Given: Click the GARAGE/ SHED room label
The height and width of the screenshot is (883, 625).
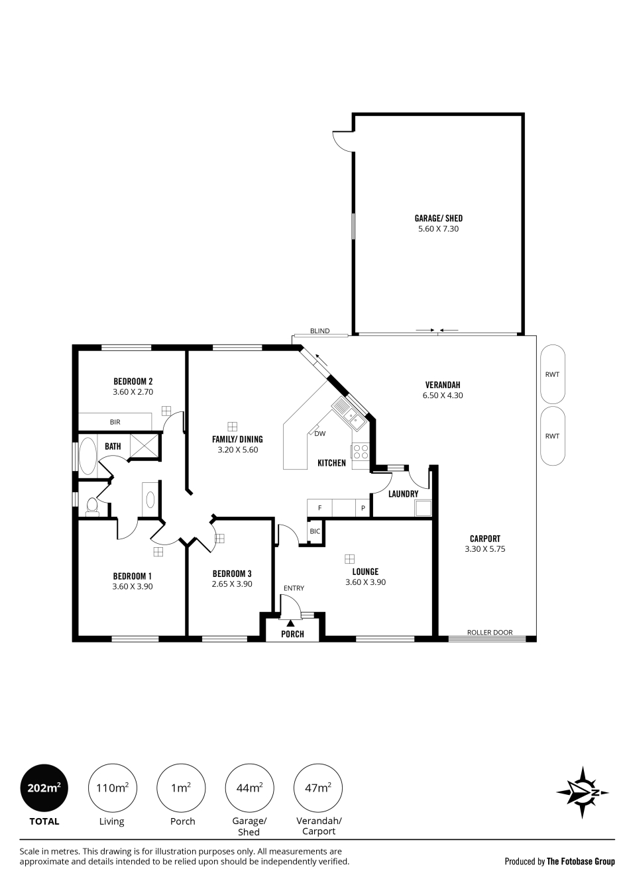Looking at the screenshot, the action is (438, 218).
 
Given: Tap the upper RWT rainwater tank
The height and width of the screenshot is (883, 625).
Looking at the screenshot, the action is (553, 374).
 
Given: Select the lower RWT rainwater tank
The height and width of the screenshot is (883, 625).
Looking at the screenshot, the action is (553, 436).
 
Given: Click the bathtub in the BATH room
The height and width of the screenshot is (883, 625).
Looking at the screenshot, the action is (87, 456).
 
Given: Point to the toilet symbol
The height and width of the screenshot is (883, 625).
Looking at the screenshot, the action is (92, 507).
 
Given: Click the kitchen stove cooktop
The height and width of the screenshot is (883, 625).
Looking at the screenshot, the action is (361, 452).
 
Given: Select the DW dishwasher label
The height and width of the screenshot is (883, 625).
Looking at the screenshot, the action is (320, 434).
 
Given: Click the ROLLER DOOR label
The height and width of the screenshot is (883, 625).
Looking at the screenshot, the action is (490, 633).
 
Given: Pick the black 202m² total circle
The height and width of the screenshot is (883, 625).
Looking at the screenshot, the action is (44, 788).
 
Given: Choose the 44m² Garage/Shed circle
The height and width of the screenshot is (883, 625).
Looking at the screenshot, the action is (249, 788).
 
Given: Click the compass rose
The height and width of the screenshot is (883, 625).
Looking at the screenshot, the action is (583, 792).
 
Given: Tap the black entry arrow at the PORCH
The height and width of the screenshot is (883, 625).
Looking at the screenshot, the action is (290, 623).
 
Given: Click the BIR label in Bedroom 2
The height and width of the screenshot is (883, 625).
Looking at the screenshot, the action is (115, 422).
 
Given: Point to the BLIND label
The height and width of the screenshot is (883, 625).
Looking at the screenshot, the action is (320, 331).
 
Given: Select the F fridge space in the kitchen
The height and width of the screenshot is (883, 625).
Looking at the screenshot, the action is (320, 508).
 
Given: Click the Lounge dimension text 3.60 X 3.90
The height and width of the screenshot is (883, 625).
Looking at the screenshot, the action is (366, 582).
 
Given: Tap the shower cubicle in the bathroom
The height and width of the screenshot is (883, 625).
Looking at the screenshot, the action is (144, 446).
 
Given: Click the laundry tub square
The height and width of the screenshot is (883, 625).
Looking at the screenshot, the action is (423, 508).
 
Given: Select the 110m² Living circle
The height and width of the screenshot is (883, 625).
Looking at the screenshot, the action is (113, 788).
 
